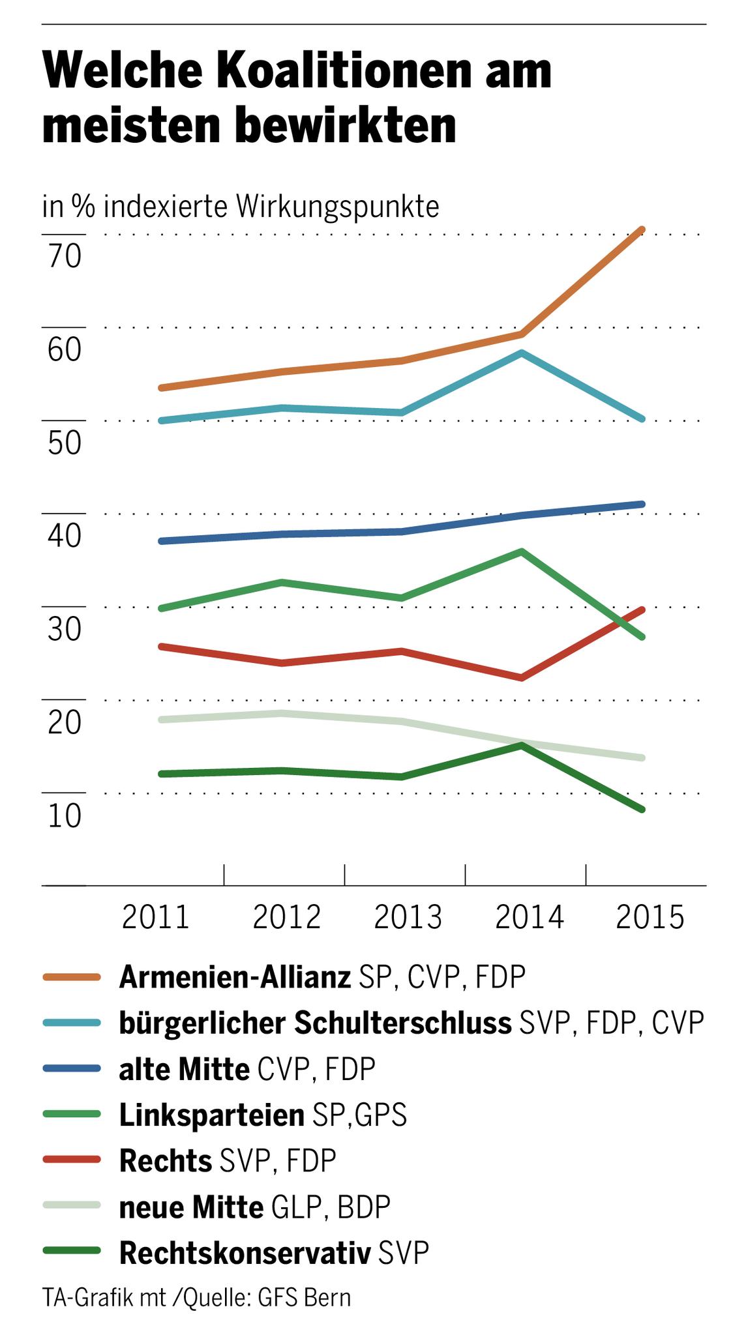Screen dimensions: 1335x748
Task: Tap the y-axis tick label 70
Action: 64,257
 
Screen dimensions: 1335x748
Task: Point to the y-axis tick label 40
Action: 64,536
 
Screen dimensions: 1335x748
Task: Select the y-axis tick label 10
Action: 64,816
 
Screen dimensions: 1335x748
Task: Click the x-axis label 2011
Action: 156,917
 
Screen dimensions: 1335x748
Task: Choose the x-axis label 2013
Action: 408,917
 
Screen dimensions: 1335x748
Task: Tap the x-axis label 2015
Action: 650,917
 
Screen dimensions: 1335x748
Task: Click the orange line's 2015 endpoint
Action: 642,229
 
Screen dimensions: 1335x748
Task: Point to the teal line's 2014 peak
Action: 522,353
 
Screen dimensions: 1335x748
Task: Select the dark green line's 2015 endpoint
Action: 642,810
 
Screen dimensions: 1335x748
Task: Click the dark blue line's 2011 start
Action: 161,541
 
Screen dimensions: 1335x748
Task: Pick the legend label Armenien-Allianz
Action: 235,977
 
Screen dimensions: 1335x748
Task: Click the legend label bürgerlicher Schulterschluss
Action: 315,1023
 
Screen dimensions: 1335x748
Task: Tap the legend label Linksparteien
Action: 211,1115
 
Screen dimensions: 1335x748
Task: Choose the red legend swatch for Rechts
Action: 71,1160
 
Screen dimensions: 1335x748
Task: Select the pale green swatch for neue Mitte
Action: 71,1206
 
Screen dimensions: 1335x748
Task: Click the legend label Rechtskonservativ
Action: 245,1253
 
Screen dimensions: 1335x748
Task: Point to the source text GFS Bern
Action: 305,1297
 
